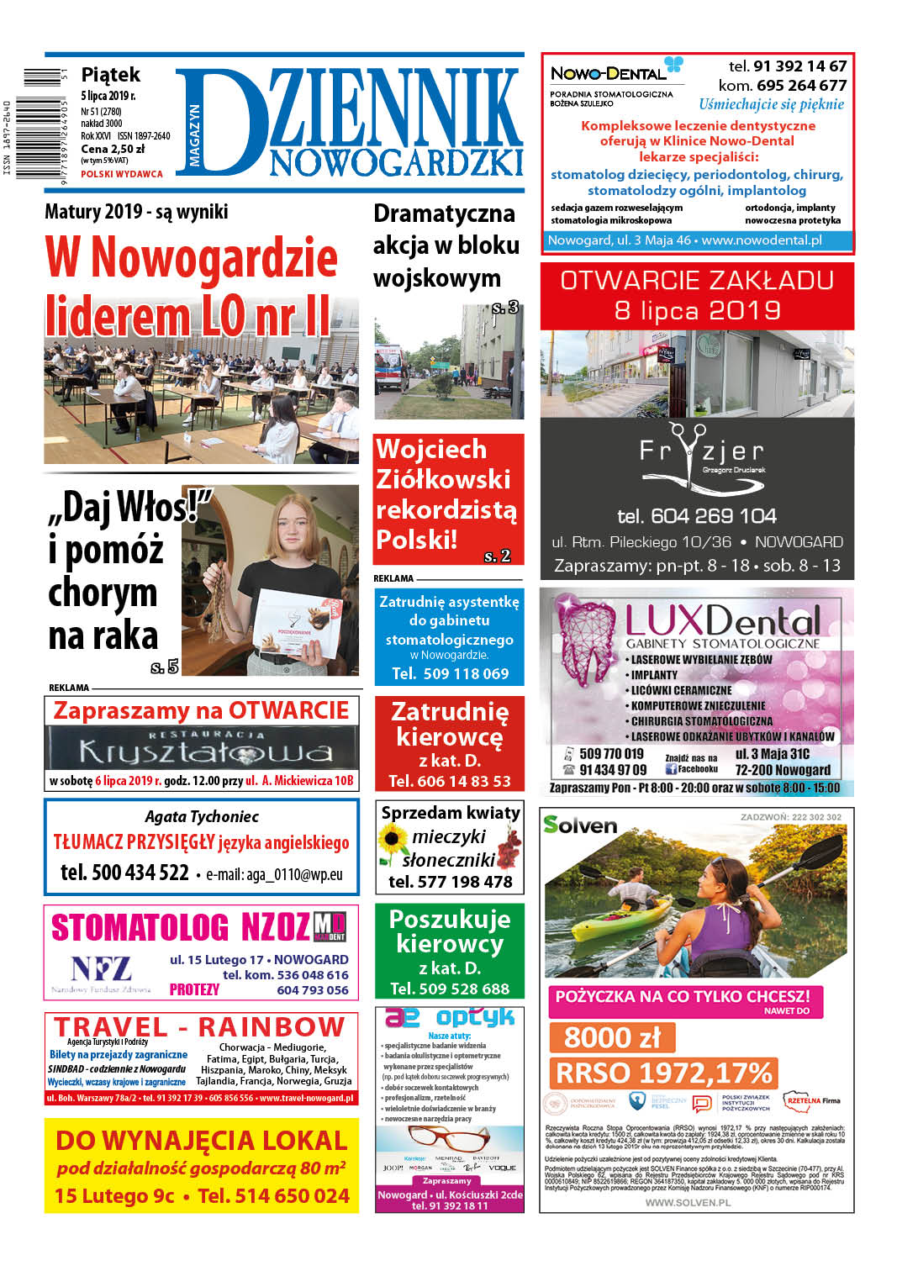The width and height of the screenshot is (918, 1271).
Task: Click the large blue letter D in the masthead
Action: coord(220,122)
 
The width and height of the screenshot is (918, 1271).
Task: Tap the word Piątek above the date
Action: coord(110,75)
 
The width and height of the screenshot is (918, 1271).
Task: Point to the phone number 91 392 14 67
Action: coord(799,66)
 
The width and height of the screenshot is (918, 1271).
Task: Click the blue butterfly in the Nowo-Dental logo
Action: coord(673,65)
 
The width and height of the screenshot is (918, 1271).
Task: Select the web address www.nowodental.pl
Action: coord(762,240)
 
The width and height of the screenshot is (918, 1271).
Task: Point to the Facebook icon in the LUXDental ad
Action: coord(671,768)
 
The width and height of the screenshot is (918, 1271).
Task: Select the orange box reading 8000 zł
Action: coord(612,1037)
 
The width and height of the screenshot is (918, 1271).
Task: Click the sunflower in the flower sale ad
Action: coord(392,839)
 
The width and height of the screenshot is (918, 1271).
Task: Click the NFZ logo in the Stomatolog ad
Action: coord(101,969)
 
